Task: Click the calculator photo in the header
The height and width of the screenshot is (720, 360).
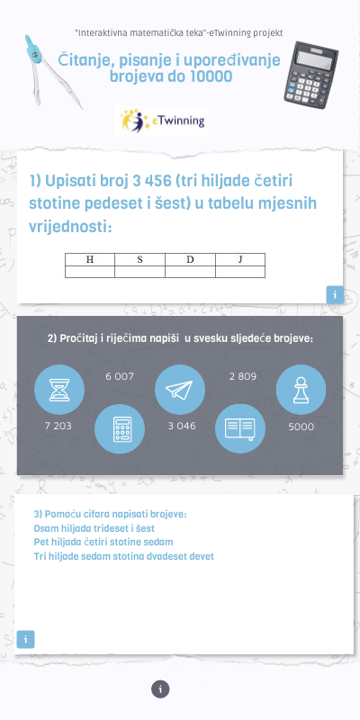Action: coord(310,75)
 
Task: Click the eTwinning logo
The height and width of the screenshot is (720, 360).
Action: coord(161,121)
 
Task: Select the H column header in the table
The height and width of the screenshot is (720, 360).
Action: coord(90,259)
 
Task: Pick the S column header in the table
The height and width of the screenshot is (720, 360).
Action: coord(140,259)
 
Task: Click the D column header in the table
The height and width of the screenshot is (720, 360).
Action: coord(190,259)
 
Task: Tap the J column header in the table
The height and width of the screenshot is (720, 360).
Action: coord(240,259)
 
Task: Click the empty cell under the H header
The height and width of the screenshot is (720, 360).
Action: coord(90,272)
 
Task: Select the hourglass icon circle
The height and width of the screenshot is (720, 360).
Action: coord(59,390)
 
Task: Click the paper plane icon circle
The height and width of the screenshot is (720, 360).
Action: coord(179,390)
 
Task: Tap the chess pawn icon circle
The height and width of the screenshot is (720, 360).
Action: coord(301,390)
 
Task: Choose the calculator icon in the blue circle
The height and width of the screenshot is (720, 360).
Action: coord(120,429)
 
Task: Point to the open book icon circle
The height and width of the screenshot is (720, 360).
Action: coord(240,429)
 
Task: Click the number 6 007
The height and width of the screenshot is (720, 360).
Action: coord(120,376)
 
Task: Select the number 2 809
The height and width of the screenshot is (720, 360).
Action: coord(243,376)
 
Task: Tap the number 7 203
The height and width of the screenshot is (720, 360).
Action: coord(58,426)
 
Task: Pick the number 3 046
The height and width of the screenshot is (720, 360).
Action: coord(182,426)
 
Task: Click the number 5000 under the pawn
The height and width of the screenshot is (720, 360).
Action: coord(301,427)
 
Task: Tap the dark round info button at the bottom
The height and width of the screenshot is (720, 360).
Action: coord(160,689)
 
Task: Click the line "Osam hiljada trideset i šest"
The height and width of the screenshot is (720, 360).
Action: coord(94,528)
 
